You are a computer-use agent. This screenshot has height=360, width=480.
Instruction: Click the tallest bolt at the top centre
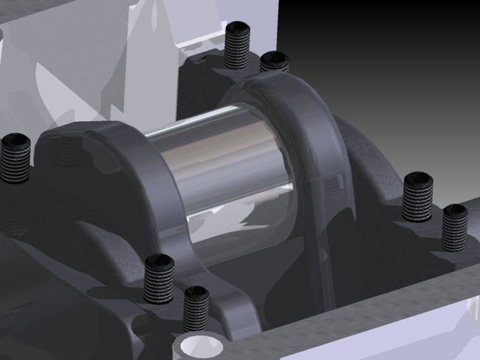click(237, 46)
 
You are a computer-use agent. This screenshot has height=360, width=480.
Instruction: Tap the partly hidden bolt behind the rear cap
click(275, 61)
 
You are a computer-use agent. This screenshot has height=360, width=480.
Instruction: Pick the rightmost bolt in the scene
click(455, 228)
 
